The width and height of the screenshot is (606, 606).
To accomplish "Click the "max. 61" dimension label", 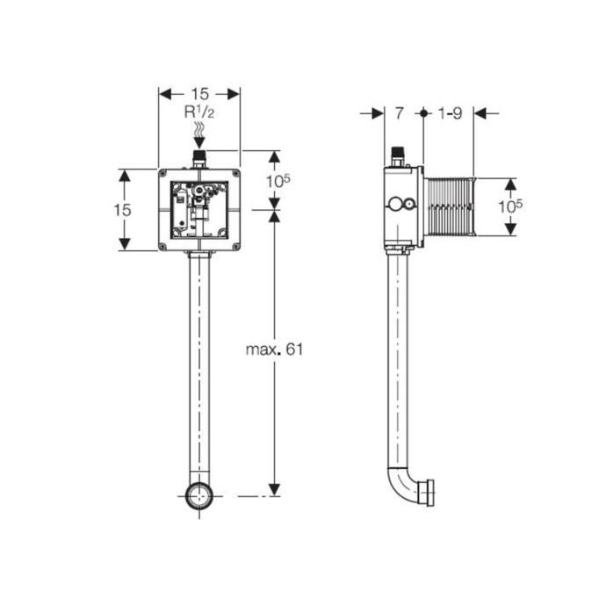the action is [x=274, y=350].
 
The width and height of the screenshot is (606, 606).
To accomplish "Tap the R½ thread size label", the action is [x=199, y=112].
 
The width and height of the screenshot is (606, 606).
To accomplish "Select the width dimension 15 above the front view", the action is [x=200, y=94].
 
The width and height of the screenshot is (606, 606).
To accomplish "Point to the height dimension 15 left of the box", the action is [x=122, y=210].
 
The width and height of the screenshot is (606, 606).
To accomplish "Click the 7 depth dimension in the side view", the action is [x=400, y=113].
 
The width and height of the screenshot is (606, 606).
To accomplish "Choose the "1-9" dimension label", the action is [x=451, y=113].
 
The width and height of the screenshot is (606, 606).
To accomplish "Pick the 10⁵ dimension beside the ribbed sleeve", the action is [x=510, y=206].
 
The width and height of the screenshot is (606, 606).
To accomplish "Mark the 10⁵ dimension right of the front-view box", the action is [x=278, y=181].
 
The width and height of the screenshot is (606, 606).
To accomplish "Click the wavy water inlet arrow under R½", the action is [x=199, y=134].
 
